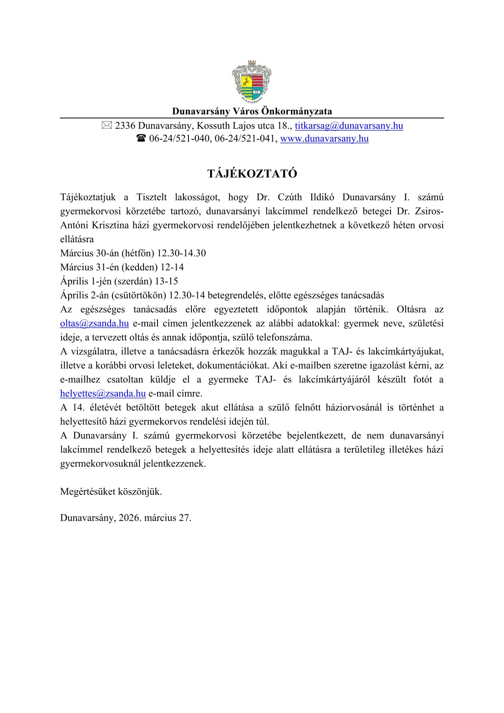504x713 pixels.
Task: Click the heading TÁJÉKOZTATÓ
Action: point(252,174)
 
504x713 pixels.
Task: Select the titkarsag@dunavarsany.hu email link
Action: point(349,126)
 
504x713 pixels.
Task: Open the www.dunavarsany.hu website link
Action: point(324,139)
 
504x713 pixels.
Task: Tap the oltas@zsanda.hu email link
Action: point(94,324)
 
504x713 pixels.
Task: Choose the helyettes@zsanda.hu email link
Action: point(103,394)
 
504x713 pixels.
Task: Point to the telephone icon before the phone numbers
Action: point(141,139)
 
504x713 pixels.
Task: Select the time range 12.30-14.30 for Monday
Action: point(181,253)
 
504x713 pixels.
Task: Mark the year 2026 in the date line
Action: point(130,518)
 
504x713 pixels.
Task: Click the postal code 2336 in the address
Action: point(125,126)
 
